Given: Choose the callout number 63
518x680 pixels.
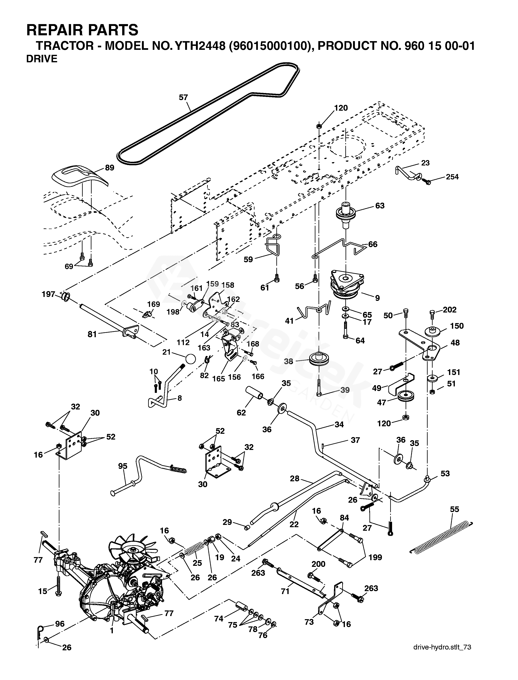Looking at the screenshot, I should [x=380, y=206].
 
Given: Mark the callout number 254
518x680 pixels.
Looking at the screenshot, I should [x=452, y=177].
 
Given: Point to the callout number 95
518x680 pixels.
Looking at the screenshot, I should [x=123, y=466].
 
